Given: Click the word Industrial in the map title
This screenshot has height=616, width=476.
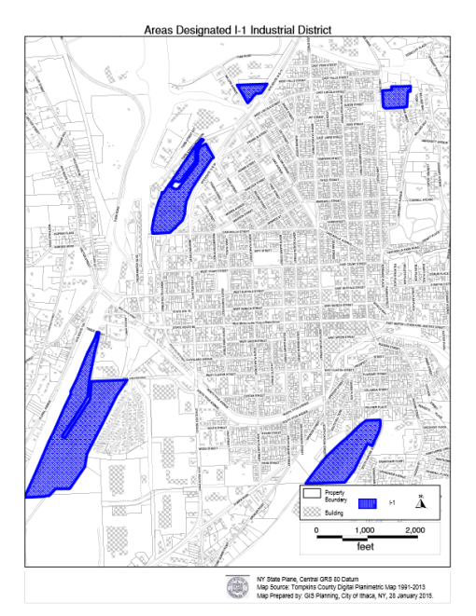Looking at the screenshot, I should click(266, 30).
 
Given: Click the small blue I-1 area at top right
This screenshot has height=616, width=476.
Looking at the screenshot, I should click(396, 96).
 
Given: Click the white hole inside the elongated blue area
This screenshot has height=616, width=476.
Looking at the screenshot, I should click(176, 183).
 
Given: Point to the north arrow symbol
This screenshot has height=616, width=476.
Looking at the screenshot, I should click(420, 500).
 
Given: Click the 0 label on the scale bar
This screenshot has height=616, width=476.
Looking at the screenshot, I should click(317, 529).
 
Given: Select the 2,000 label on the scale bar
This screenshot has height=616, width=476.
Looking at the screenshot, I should click(414, 529).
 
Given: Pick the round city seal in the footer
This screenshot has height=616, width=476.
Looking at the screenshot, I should click(237, 588).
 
